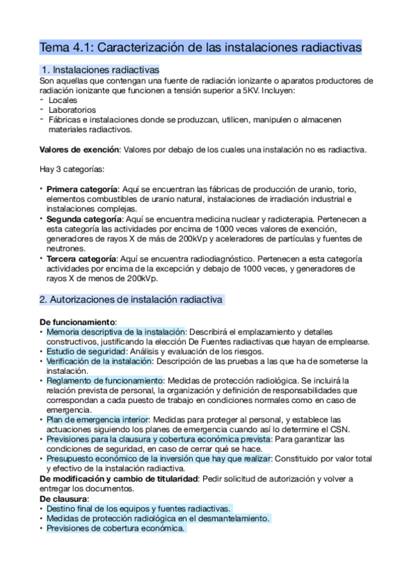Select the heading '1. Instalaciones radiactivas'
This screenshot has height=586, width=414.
(x=100, y=70)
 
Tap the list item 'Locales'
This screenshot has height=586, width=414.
(x=63, y=100)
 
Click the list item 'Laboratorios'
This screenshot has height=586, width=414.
(x=73, y=110)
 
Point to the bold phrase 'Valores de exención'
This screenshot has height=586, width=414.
(x=79, y=149)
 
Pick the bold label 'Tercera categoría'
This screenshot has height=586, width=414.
(x=81, y=258)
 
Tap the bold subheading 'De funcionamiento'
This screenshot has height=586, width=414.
(x=78, y=322)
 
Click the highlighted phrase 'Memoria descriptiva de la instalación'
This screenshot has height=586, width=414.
(x=116, y=332)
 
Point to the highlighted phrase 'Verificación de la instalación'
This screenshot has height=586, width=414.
(x=98, y=361)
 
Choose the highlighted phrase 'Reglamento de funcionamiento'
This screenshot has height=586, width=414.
(x=104, y=380)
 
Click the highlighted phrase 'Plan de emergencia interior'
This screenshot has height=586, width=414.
(x=97, y=419)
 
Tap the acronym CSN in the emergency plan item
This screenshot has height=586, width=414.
(x=341, y=429)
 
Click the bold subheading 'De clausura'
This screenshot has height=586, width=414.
(x=63, y=498)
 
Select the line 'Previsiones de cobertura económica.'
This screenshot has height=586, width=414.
(x=115, y=528)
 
